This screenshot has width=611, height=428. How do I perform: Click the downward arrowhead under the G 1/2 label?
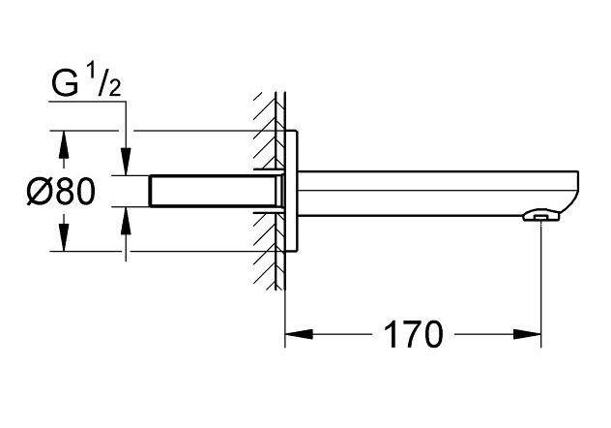coord(125,165)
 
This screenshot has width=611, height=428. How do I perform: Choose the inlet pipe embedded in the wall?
coord(213,191)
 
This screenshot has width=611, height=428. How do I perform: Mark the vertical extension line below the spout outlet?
coord(540,281)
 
